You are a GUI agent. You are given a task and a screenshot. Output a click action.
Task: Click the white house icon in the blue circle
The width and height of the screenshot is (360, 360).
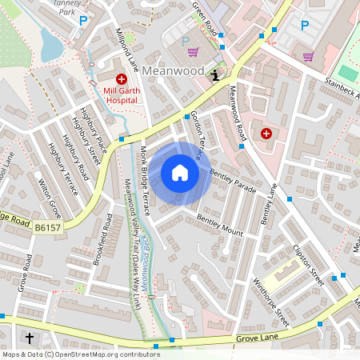coord(180,173)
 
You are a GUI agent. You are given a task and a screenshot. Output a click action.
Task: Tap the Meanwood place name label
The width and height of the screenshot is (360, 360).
coord(175,71)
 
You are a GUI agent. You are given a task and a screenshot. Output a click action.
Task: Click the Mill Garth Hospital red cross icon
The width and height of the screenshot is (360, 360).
coord(122,79)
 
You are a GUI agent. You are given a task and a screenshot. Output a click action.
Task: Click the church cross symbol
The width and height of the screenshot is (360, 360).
coord(30,338)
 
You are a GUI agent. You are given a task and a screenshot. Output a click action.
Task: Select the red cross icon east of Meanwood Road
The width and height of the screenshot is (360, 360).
coord(266,133)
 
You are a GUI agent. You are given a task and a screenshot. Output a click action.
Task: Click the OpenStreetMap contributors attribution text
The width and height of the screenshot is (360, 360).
coord(80,354)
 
